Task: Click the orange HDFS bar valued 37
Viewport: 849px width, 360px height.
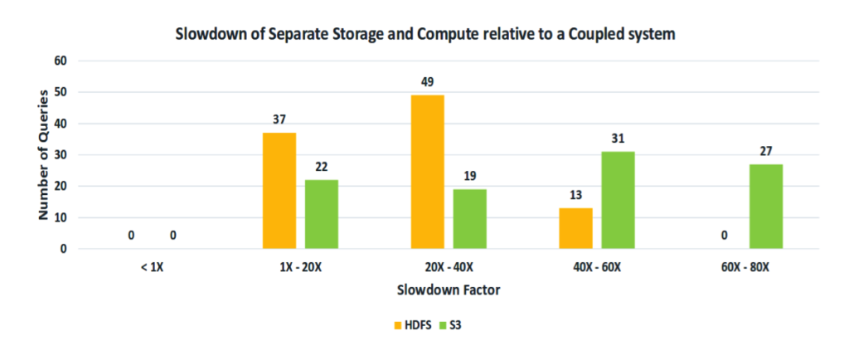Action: pos(279,191)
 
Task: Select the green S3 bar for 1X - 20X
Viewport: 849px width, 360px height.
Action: pos(322,214)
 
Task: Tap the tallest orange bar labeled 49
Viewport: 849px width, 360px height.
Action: pos(428,172)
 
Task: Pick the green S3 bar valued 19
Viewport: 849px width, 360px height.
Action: pos(470,219)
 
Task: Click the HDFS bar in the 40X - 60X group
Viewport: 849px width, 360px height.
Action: pos(576,228)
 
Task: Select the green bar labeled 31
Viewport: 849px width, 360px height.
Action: pos(619,200)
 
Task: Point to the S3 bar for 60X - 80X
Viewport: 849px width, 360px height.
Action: pos(767,207)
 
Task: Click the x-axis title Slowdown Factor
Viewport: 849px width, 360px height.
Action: pos(449,290)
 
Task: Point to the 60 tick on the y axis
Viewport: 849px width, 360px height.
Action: pos(60,61)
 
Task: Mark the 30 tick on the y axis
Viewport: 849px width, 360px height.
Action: pos(60,155)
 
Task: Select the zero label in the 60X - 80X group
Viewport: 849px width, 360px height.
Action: pos(725,236)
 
